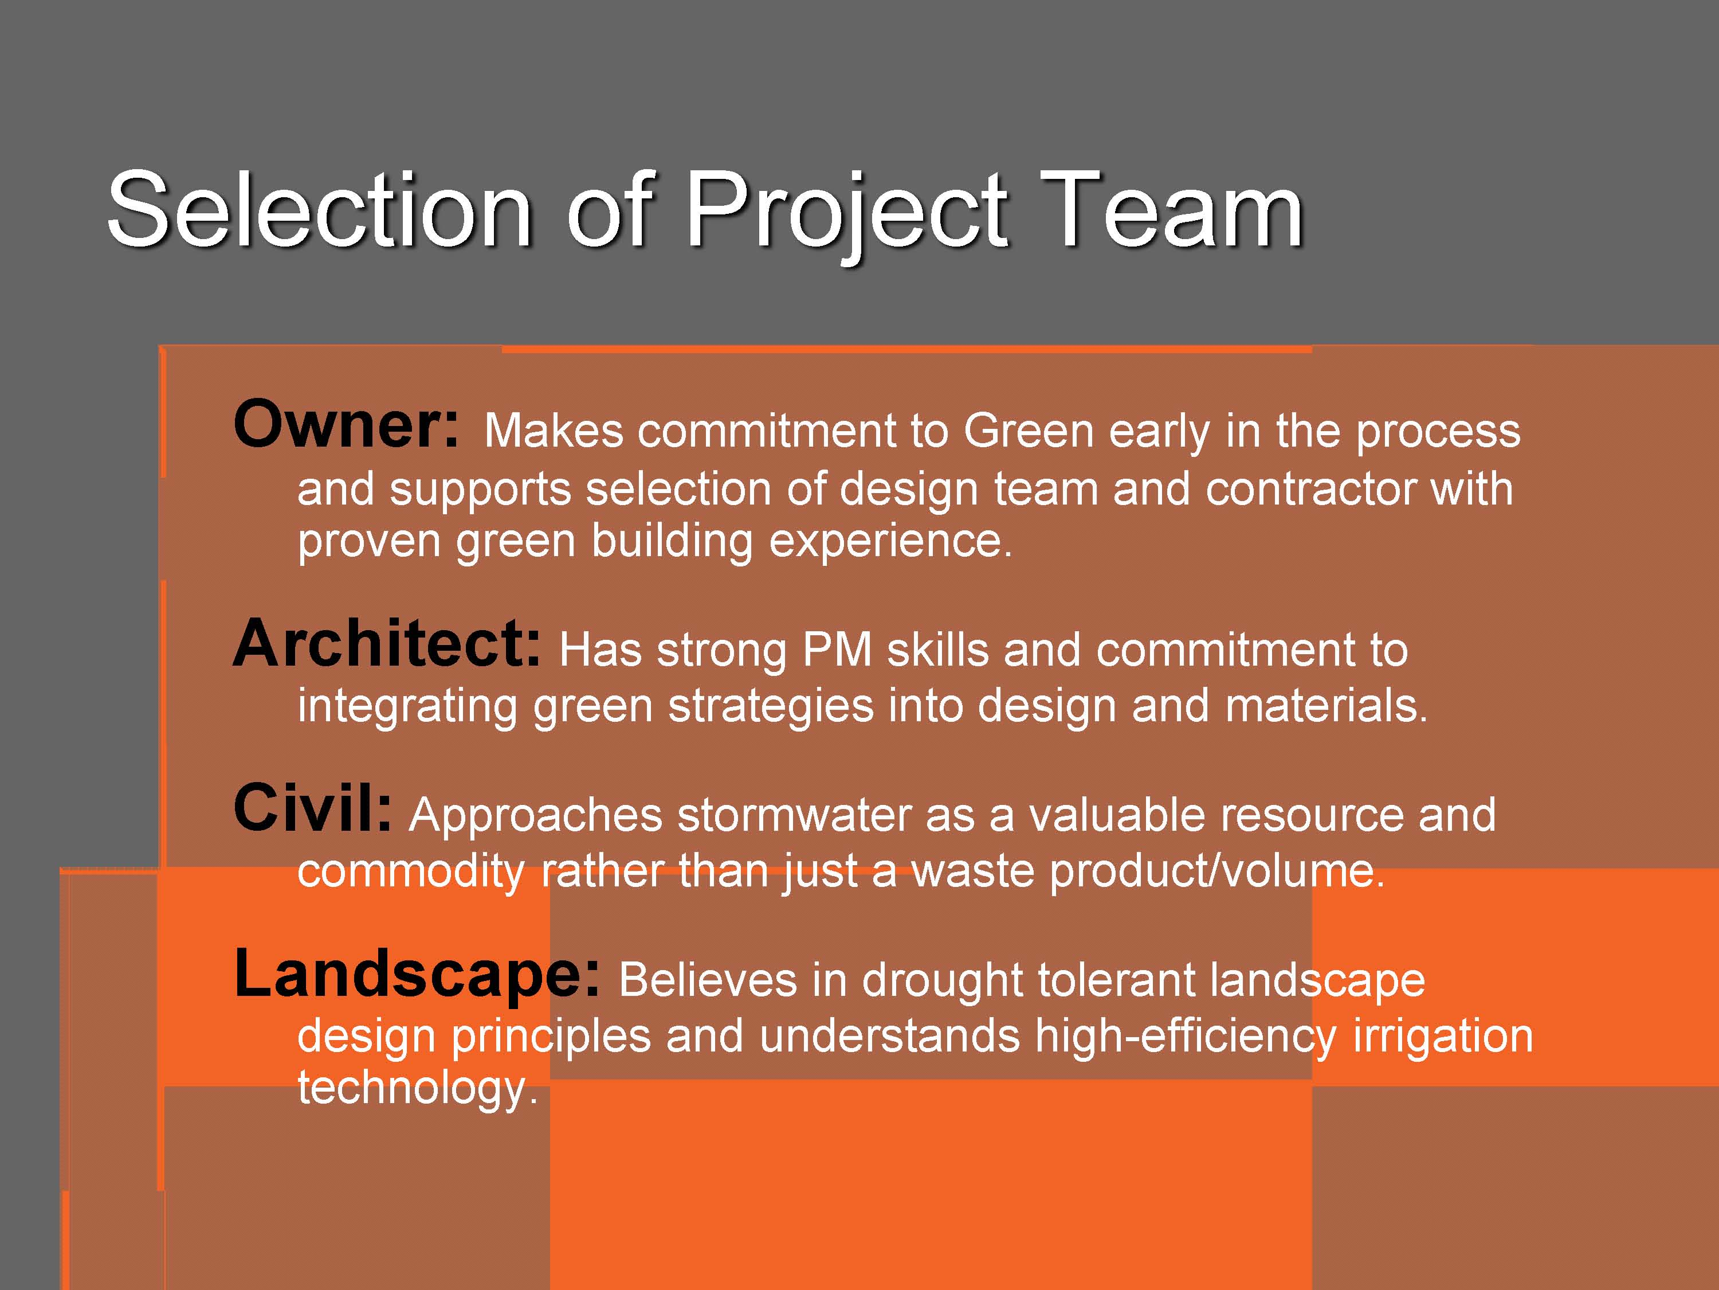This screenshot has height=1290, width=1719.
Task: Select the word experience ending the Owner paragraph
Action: click(x=890, y=542)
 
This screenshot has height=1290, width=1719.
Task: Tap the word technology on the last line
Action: click(x=417, y=1089)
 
